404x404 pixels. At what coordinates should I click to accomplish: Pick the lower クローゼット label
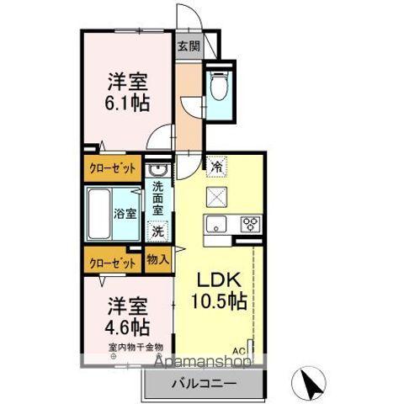click(112, 263)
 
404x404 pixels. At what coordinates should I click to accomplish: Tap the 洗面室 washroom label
click(157, 202)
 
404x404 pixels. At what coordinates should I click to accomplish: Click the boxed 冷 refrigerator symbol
click(215, 167)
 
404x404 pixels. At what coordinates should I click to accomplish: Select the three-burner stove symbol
click(250, 224)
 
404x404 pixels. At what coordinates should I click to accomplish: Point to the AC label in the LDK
click(238, 349)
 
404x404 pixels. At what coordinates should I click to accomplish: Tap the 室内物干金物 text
click(135, 347)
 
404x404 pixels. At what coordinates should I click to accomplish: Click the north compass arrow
click(309, 385)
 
